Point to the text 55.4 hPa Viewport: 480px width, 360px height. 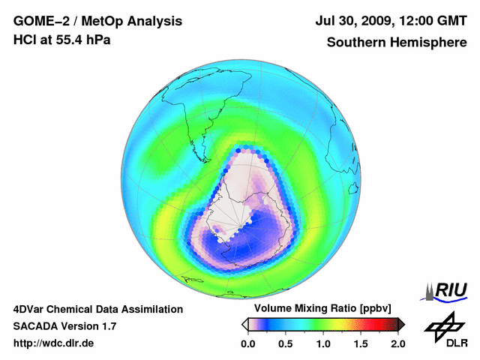[x=81, y=40]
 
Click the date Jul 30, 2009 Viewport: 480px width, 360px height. [x=355, y=21]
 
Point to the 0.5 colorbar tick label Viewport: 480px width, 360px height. [x=285, y=343]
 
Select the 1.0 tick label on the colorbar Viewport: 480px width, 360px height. [x=322, y=343]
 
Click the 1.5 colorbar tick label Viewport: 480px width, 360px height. [x=360, y=343]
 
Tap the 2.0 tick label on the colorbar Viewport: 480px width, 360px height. [x=397, y=343]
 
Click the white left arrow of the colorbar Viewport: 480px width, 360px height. [x=244, y=324]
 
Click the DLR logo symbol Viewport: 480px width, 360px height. [x=442, y=324]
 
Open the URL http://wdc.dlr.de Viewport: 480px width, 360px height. [x=54, y=343]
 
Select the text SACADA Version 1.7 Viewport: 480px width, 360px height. [x=64, y=326]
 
